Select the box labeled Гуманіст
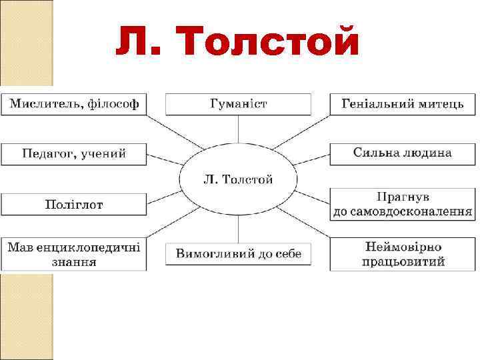tap(238, 104)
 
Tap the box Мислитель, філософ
tap(74, 104)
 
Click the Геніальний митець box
tap(403, 104)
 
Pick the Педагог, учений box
tap(74, 154)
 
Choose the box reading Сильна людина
tap(403, 153)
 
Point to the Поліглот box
tap(74, 204)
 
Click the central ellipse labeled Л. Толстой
tap(238, 179)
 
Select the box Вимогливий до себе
tap(238, 254)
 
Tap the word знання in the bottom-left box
tap(74, 262)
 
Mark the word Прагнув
tap(403, 197)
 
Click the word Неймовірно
tap(403, 247)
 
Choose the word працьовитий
tap(403, 262)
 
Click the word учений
tap(103, 154)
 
